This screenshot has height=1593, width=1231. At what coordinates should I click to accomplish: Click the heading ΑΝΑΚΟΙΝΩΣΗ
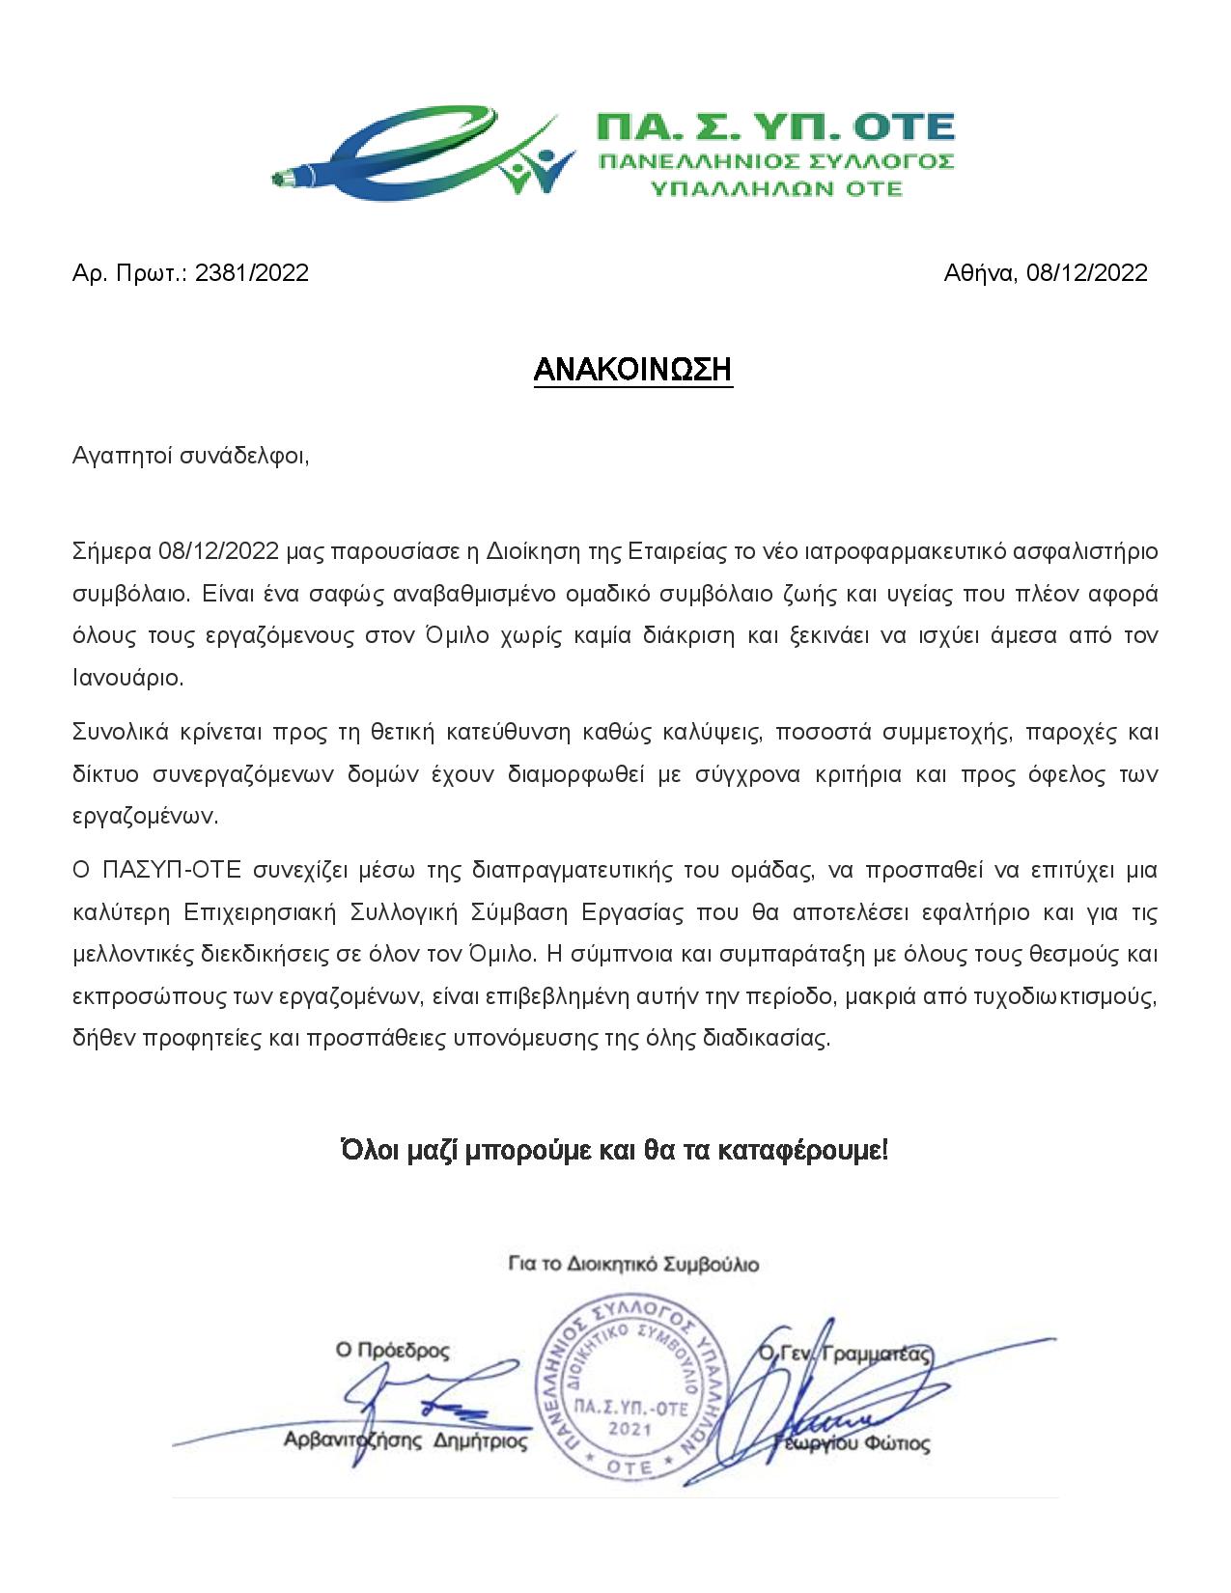coord(633,370)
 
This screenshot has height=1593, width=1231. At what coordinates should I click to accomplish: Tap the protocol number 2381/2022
coord(251,273)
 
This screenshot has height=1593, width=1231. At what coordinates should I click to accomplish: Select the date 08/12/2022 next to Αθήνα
coord(1086,273)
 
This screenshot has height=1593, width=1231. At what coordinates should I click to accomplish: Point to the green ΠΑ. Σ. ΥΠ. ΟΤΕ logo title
coord(774,127)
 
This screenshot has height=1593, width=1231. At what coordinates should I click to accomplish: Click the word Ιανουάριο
coord(127,678)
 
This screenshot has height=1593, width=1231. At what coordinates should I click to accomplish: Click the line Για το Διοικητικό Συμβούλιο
coord(633,1264)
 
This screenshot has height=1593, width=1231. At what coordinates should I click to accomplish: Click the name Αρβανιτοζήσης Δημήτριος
coord(405,1442)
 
